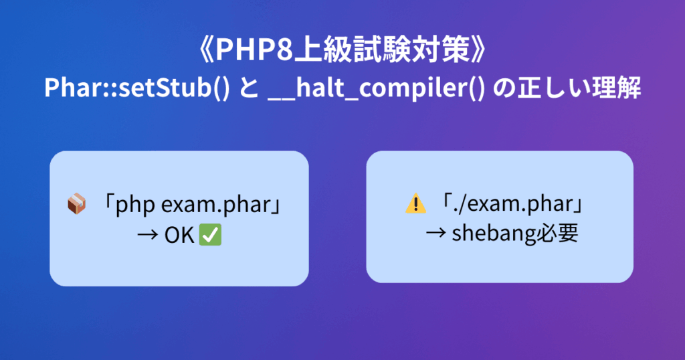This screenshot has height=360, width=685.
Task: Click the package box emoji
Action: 76,203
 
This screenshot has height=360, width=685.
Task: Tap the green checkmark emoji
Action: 210,235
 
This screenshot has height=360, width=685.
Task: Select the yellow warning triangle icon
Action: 416,203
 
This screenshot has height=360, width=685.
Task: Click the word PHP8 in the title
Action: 254,49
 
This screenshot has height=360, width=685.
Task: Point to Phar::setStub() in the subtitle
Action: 136,88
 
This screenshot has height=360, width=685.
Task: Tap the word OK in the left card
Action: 179,236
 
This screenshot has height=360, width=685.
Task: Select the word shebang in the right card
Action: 494,234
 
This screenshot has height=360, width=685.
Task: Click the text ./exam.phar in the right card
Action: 513,204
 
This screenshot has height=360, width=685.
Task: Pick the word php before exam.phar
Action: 135,205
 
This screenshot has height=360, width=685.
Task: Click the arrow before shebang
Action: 436,234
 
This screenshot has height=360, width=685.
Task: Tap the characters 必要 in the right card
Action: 557,234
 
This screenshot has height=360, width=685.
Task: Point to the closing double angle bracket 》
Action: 478,49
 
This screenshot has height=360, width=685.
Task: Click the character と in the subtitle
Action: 249,88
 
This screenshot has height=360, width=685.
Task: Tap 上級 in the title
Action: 322,49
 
